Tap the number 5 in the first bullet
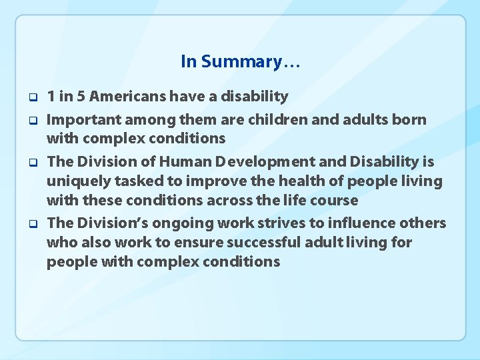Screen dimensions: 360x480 pos(81,97)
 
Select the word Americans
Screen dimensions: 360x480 pos(127,97)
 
